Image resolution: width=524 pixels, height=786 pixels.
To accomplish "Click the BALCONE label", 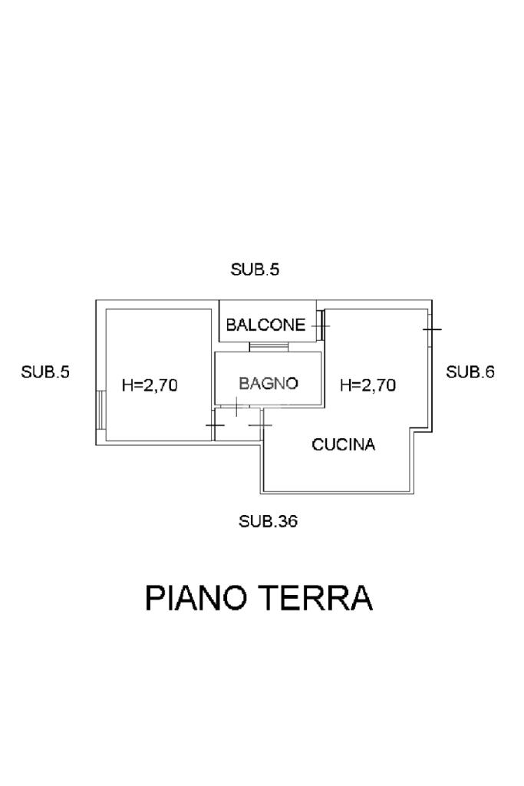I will (265, 325).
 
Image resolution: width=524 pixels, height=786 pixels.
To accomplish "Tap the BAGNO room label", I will (268, 383).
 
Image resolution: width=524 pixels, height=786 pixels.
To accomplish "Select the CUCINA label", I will (343, 444).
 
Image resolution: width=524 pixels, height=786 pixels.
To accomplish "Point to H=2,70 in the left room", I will (150, 385).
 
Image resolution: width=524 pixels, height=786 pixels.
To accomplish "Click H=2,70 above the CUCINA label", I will (367, 385).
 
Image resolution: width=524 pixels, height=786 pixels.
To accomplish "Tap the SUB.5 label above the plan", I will (255, 269).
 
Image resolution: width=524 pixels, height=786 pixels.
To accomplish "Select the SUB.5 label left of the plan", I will (45, 372).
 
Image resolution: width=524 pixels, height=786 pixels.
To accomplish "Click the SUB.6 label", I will (470, 372).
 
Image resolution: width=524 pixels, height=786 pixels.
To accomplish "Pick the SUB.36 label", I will (268, 521).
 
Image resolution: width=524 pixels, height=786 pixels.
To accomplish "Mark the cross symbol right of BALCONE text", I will (320, 325).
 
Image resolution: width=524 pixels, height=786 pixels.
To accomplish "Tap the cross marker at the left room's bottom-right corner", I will (215, 424).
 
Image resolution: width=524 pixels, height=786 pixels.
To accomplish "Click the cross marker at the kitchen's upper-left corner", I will (261, 424).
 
